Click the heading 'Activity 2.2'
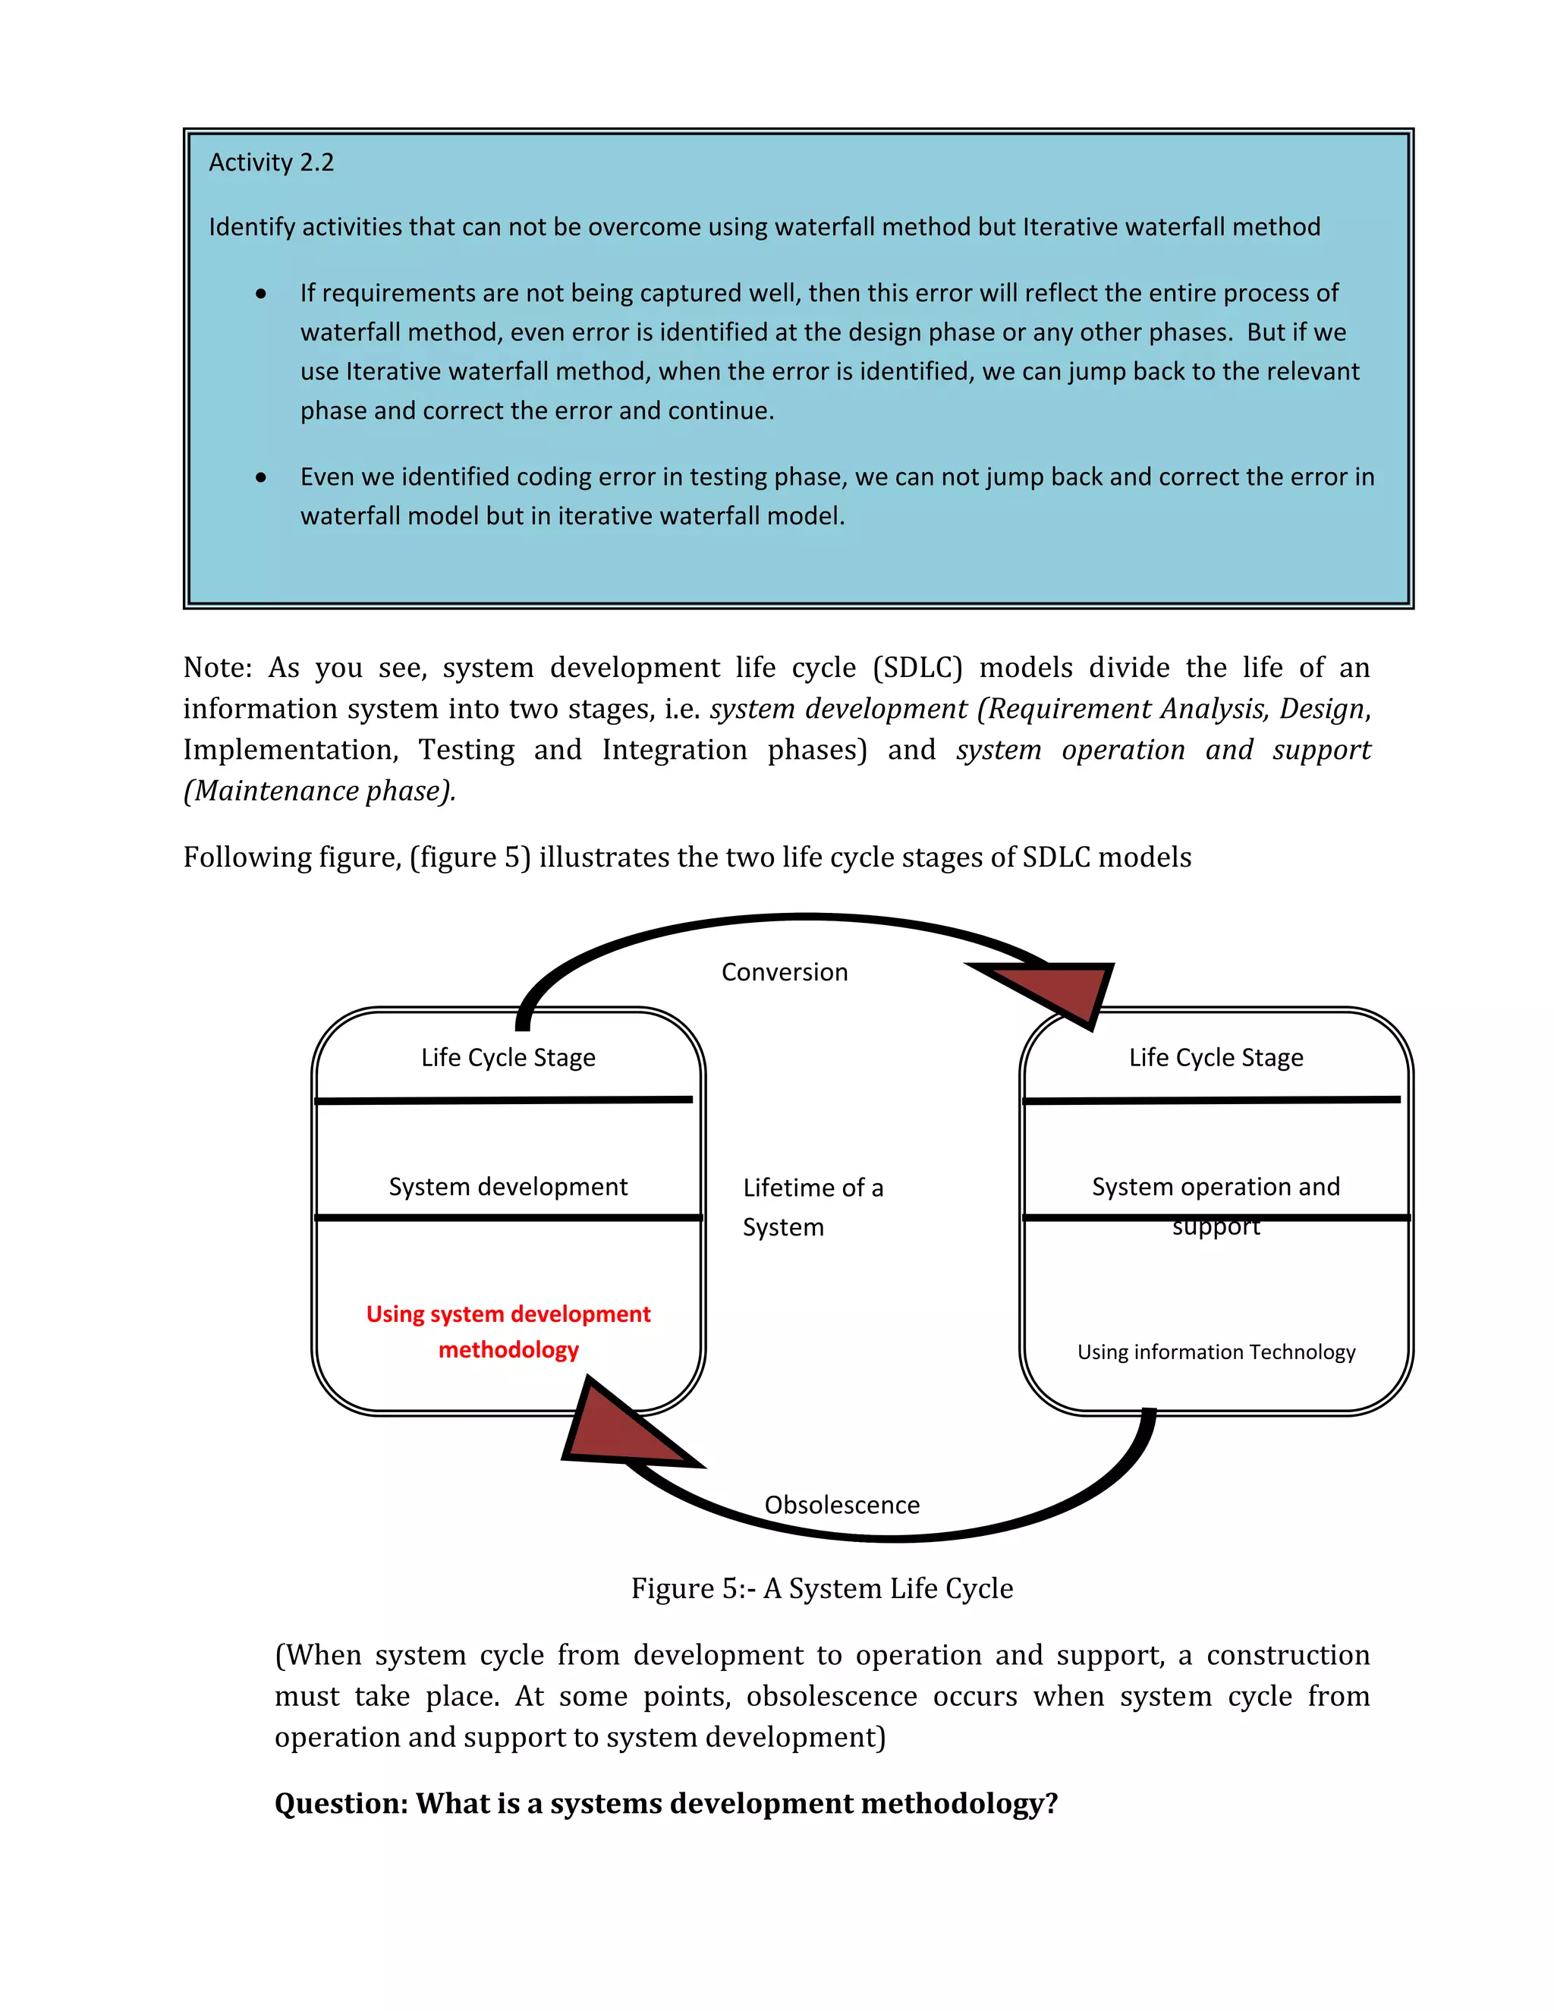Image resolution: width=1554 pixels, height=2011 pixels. point(271,162)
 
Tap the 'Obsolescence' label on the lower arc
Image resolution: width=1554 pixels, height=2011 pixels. point(841,1505)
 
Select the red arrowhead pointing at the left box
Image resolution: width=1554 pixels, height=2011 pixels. point(617,1430)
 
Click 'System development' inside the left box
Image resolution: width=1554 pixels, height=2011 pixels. point(508,1186)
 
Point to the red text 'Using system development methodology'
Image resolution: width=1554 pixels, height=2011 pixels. point(508,1332)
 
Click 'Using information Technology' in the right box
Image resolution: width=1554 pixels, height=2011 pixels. point(1216,1352)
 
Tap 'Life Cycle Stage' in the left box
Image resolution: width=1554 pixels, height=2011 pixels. point(508,1057)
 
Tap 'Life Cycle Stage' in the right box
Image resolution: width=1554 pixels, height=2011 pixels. point(1216,1057)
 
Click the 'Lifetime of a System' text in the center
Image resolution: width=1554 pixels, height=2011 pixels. point(811,1207)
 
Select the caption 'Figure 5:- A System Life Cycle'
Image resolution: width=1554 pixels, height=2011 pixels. point(821,1588)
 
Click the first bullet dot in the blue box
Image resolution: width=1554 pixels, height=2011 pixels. point(262,294)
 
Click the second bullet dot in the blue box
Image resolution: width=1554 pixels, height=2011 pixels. point(262,477)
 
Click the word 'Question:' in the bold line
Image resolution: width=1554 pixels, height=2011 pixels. point(341,1803)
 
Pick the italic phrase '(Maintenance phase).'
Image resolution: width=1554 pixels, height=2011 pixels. point(319,791)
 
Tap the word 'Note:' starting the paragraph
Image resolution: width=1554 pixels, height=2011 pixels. point(217,668)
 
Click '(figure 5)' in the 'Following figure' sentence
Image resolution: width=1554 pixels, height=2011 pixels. point(470,858)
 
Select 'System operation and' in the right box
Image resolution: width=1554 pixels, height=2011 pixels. point(1216,1186)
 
